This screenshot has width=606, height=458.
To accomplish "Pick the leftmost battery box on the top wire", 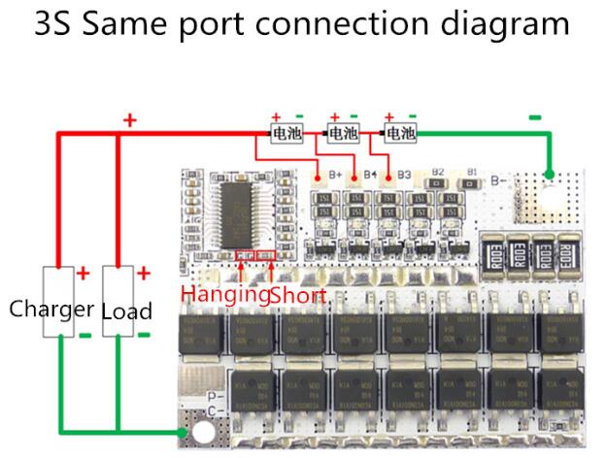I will (x=286, y=131).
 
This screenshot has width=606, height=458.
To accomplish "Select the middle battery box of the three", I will (x=343, y=131).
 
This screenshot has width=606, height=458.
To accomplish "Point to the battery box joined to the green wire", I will (x=400, y=131).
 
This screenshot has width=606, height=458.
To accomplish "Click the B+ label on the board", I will (x=336, y=175).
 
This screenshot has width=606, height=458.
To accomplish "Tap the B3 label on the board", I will (x=404, y=175).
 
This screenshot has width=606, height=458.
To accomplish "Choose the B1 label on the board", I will (x=471, y=172).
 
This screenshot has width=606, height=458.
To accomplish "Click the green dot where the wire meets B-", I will (x=549, y=176).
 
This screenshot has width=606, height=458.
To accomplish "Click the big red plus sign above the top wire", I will (x=130, y=120).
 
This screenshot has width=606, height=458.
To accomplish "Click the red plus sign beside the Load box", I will (x=143, y=273).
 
